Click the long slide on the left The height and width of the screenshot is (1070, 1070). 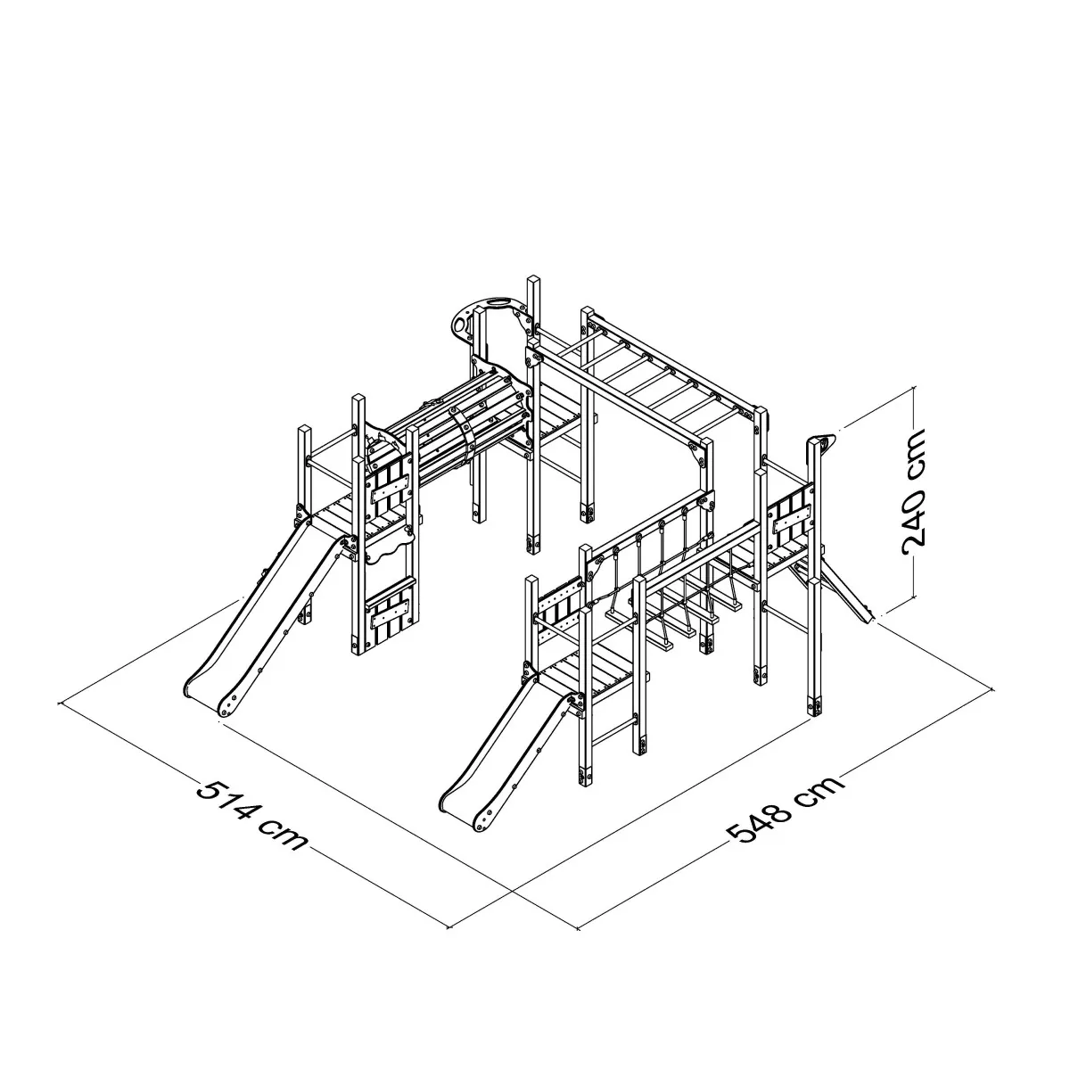tap(264, 616)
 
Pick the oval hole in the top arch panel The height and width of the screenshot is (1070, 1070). tap(498, 302)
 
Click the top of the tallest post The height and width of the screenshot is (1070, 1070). tap(533, 280)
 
